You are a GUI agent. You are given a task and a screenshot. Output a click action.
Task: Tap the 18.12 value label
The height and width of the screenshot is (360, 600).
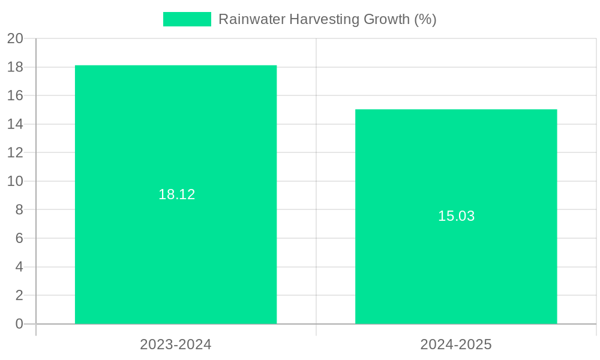click(176, 194)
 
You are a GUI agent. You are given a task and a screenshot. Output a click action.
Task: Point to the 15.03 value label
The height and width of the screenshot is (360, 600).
click(456, 216)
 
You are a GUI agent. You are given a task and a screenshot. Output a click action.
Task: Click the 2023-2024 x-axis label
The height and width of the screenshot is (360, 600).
click(176, 344)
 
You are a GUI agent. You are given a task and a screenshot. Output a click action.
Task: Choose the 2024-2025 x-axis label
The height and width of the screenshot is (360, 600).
click(456, 344)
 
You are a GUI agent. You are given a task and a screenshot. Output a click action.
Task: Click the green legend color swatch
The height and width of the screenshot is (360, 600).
click(187, 19)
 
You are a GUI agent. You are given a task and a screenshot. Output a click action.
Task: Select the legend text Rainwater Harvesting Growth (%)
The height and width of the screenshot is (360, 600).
click(327, 19)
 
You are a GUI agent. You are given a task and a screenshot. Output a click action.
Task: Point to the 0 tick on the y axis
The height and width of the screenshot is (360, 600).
click(19, 324)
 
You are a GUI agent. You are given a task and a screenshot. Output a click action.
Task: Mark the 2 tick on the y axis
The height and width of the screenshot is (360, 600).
click(19, 295)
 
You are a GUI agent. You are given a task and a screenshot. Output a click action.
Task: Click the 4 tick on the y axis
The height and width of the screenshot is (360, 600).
click(19, 267)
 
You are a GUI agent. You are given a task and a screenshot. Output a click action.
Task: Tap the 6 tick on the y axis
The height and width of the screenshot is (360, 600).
click(19, 238)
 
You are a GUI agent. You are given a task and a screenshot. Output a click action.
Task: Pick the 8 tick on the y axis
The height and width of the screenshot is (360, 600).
click(19, 209)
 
